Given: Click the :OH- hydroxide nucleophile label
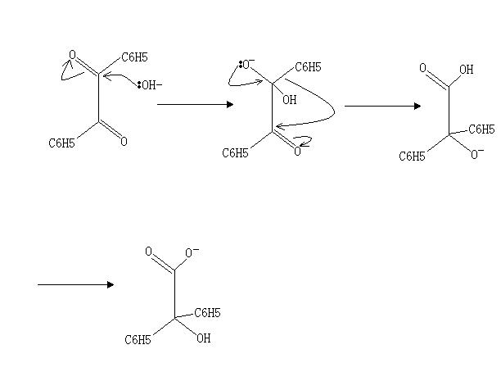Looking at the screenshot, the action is pos(150,84).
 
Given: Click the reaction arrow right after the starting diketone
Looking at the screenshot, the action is pos(195,104).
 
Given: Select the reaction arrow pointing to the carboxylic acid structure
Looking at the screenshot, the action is pos(382,106).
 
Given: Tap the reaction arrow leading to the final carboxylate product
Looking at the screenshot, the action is pos(75,284).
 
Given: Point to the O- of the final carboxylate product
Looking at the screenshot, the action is pos(192,252).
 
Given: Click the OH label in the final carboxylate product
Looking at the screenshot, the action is pos(203,338).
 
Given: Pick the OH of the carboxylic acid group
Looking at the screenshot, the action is pos(466,70).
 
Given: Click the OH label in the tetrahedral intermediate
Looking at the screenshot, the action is pos(290,101).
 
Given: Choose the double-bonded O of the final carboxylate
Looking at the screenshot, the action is pos(148,252).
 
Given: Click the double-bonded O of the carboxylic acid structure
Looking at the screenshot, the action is pos(422,70).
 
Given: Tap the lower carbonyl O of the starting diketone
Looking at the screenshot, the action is pos(124,142).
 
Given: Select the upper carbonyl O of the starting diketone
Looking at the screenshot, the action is pos(72,55).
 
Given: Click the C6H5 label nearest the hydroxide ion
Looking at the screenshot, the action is pos(135,57).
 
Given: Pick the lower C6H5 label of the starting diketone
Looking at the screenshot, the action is pos(62,143).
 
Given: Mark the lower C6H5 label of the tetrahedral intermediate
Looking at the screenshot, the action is pos(236,153).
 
